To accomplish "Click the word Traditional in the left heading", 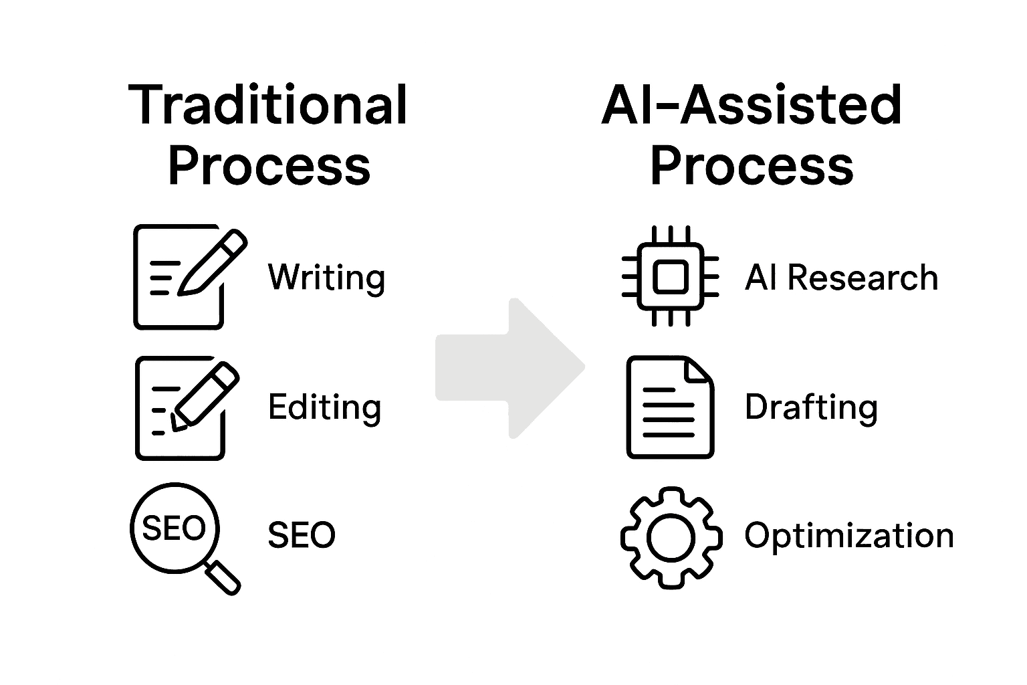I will click(x=268, y=105).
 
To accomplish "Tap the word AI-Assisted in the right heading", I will click(x=752, y=105).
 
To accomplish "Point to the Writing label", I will click(x=326, y=278).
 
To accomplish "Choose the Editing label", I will click(x=324, y=407).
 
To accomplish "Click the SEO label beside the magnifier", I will click(x=302, y=535).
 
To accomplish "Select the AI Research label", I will click(x=841, y=278).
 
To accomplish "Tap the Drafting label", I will click(x=810, y=407).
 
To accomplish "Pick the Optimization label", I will click(x=848, y=536).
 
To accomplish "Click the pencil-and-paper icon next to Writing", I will click(x=189, y=277).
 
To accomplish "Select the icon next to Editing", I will click(x=187, y=408).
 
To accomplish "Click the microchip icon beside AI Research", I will click(x=670, y=276).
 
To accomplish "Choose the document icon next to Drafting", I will click(x=670, y=407).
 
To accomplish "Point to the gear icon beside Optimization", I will click(x=671, y=538).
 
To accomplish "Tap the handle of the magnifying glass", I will click(x=223, y=577).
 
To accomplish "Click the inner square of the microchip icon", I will click(x=670, y=276).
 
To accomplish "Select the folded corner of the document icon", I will click(x=699, y=369).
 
